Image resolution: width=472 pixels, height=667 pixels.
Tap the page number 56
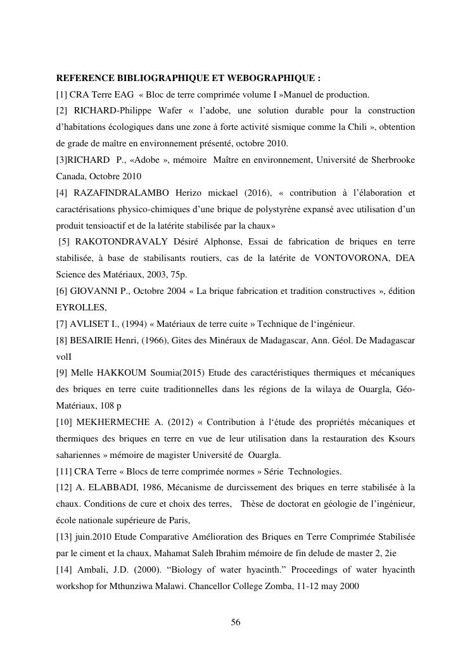click(236, 622)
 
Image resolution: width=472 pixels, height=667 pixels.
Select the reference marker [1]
click(63, 94)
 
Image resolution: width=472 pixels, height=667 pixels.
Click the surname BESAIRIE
click(96, 340)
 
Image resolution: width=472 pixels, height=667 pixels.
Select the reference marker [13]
click(65, 537)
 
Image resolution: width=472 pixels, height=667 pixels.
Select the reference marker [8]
click(63, 340)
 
